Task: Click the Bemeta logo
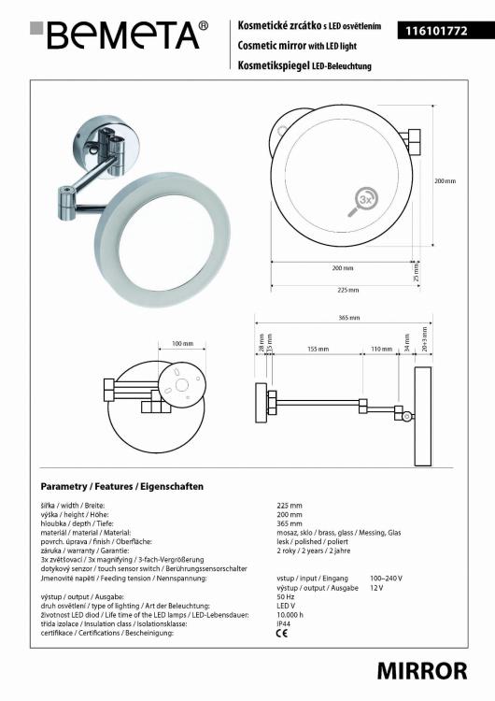(x=119, y=35)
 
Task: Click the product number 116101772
(x=431, y=31)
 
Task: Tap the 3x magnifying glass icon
(x=362, y=202)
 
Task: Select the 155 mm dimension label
(x=318, y=349)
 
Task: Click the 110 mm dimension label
(x=382, y=349)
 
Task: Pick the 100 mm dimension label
(x=182, y=343)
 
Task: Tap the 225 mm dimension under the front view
(x=348, y=290)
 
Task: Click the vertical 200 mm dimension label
(x=445, y=181)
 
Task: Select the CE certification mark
(x=282, y=633)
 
